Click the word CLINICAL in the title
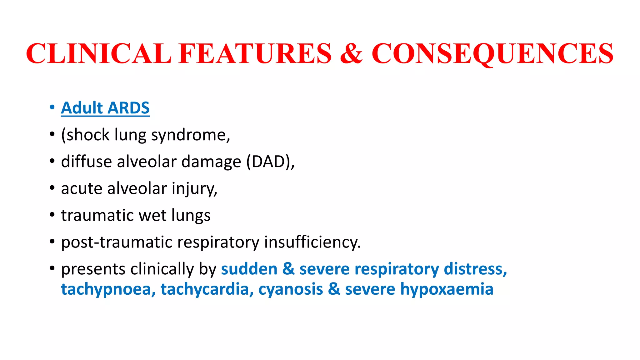(99, 53)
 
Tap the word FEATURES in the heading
(255, 53)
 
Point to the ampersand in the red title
(351, 53)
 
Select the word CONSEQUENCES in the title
(492, 53)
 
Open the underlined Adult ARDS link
(105, 108)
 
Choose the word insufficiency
(312, 242)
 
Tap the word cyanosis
(291, 289)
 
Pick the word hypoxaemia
(447, 289)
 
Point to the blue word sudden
(249, 269)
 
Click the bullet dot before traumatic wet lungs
(52, 215)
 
